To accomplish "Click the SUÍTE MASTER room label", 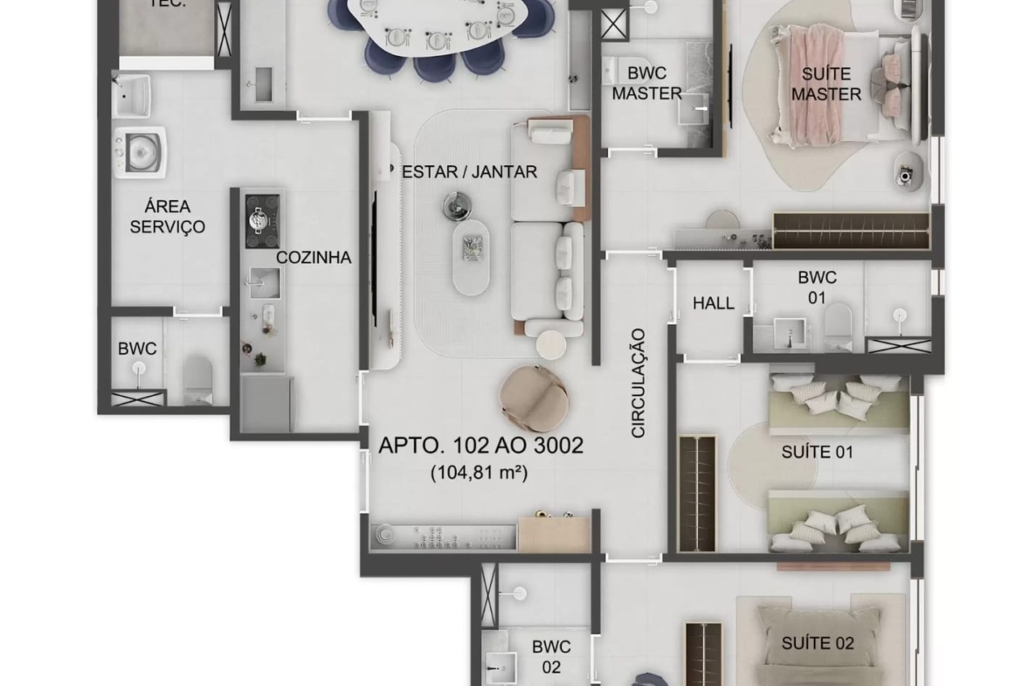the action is tap(825, 84).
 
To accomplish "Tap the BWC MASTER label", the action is tap(646, 84).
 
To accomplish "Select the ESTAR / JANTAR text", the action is tap(469, 172).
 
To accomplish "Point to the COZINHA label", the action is tap(314, 258).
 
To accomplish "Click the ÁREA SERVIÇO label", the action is tap(168, 217).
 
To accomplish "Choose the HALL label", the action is tap(713, 303).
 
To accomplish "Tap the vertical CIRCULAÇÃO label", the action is tap(639, 383).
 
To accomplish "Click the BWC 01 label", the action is tap(818, 288).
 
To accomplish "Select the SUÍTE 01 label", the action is tap(818, 452).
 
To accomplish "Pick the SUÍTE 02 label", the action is tap(818, 643).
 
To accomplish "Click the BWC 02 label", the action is tap(551, 656).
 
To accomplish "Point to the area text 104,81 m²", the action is tap(479, 472).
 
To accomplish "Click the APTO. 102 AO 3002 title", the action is tap(481, 446).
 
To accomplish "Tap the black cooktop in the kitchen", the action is tap(263, 221).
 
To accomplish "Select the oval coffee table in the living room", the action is tap(471, 257).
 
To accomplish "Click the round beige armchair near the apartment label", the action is tap(534, 398).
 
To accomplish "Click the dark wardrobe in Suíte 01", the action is tap(697, 493).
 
